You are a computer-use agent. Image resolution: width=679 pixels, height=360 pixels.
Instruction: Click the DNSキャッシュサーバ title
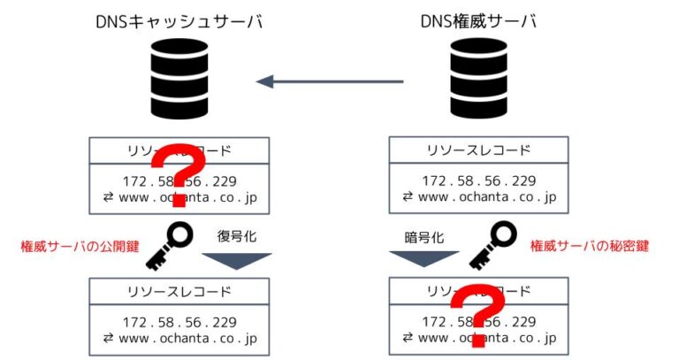point(179,21)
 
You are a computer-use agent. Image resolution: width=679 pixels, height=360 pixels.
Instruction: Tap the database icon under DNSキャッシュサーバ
point(179,81)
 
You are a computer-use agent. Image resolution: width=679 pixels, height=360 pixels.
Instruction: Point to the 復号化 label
point(237,236)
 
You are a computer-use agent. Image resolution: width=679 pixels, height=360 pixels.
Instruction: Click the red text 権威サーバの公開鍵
point(80,246)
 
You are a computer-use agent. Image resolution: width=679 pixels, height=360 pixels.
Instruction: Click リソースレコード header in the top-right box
point(478,149)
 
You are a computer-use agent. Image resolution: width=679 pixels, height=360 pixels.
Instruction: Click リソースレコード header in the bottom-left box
point(179,291)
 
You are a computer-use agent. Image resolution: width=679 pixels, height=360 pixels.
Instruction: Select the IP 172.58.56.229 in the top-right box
point(478,180)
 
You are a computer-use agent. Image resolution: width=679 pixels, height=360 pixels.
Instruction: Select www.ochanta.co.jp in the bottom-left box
point(179,337)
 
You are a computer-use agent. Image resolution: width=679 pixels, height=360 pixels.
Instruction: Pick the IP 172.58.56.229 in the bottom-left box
point(179,321)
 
